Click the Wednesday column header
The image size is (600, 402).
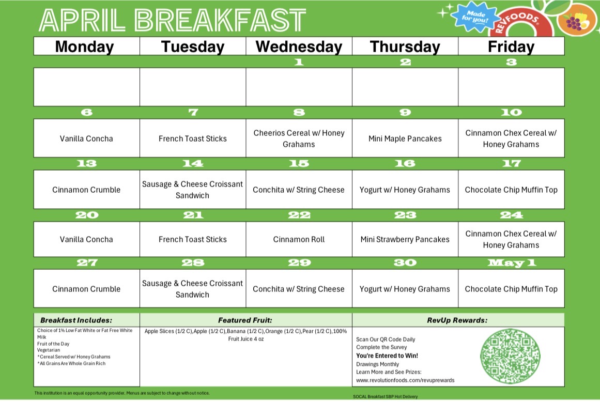coord(299,47)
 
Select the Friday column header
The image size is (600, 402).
coord(511,47)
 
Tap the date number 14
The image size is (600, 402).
coord(193,164)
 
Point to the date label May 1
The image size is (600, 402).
coord(512,263)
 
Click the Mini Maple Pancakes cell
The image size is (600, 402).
coord(405,138)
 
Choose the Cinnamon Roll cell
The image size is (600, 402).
coord(299,239)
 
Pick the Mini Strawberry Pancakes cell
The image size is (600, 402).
coord(405,239)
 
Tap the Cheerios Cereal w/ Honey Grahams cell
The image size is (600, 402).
coord(299,138)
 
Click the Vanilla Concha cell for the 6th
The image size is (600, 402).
coord(86,138)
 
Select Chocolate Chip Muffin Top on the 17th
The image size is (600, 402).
coord(511,190)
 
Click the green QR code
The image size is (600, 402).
coord(510,356)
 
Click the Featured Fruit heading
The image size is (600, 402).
coord(245,320)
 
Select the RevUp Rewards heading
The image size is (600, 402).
coord(457,320)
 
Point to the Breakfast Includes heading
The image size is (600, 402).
coord(76,320)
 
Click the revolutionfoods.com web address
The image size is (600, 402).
coord(405,380)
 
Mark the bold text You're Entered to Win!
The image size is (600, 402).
coord(387,355)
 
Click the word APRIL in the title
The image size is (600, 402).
coord(82,20)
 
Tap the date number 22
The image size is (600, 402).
coord(299,215)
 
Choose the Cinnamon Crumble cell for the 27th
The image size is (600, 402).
coord(86,289)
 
